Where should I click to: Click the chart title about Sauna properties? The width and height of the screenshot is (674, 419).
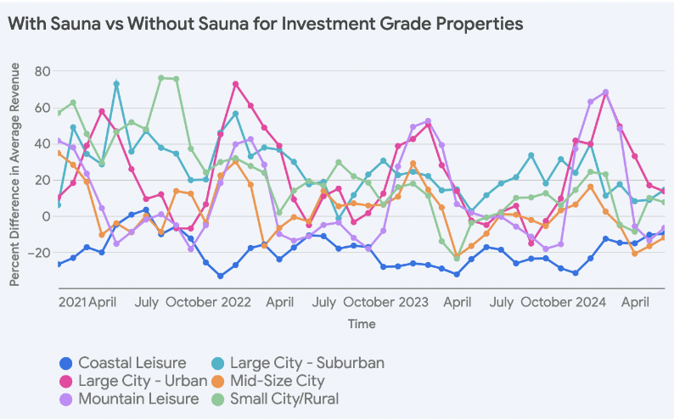[x=266, y=24]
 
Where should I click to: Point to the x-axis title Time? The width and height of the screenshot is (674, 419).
[x=361, y=323]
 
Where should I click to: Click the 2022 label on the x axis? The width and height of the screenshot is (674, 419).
[x=235, y=301]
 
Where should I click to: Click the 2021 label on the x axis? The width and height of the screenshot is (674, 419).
[x=72, y=301]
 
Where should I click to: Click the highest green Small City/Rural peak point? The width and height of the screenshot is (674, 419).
[x=161, y=78]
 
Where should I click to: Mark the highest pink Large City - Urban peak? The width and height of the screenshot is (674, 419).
[x=235, y=84]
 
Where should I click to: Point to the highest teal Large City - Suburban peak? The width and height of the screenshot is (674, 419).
[x=116, y=84]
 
